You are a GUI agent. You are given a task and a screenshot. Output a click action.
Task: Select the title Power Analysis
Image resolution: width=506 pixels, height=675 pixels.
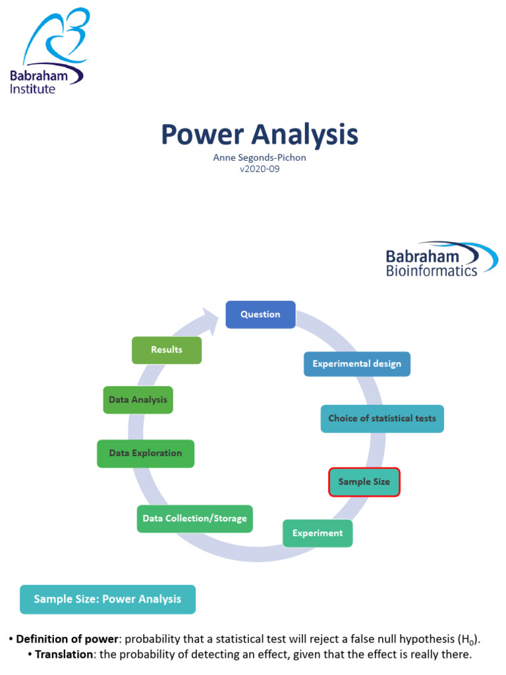[260, 134]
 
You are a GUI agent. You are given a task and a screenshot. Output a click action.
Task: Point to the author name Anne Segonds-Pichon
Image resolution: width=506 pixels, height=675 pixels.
[260, 158]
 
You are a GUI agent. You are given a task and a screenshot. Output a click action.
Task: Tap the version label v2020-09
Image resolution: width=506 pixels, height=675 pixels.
[260, 169]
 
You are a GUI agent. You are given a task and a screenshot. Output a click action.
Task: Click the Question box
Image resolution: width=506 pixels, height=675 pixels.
[260, 314]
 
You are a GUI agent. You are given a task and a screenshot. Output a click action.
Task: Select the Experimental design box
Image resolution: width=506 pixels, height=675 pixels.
[356, 364]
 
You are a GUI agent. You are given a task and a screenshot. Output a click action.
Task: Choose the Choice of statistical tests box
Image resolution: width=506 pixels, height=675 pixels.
[382, 419]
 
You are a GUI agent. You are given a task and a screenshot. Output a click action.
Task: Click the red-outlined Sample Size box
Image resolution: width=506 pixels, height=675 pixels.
[364, 482]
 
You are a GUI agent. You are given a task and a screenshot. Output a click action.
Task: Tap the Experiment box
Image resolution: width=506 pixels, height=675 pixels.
[318, 533]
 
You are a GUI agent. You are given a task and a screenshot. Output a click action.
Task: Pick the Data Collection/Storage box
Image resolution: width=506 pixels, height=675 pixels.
[194, 519]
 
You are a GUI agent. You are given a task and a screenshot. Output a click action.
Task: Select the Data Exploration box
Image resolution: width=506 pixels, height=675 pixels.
[146, 454]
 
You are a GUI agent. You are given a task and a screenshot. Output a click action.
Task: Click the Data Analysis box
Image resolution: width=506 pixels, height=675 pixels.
[138, 400]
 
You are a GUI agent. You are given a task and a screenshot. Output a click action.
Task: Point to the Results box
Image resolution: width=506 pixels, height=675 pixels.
[167, 350]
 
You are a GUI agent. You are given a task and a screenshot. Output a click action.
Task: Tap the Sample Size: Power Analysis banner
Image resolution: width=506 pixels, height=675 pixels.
[107, 599]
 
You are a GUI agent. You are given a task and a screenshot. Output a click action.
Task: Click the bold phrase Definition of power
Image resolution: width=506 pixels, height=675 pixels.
[69, 639]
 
